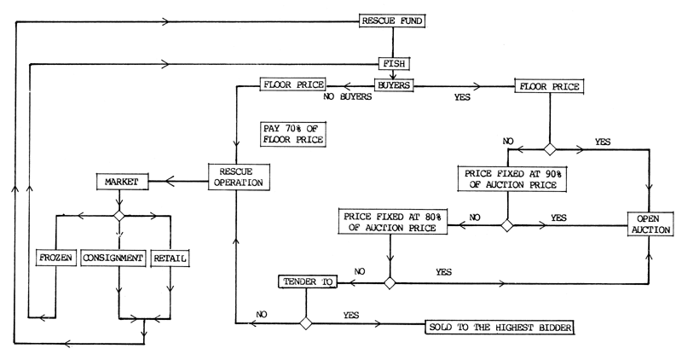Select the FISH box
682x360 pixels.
click(x=395, y=63)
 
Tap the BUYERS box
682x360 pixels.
click(x=394, y=85)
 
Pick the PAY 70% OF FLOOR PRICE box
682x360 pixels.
click(x=292, y=133)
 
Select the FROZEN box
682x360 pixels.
click(x=56, y=256)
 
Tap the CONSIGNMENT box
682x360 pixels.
click(x=115, y=256)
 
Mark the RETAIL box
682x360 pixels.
click(x=170, y=256)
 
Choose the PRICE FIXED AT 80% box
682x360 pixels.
click(x=391, y=220)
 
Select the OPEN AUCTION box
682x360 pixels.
click(x=650, y=224)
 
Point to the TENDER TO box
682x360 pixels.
click(x=305, y=281)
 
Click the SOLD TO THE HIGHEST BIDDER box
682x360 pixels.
click(x=499, y=328)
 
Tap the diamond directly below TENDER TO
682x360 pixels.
click(x=305, y=322)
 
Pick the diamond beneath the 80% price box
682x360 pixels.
click(x=390, y=282)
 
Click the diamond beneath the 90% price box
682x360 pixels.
click(x=506, y=226)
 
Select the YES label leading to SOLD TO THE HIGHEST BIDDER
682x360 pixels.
click(x=350, y=315)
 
